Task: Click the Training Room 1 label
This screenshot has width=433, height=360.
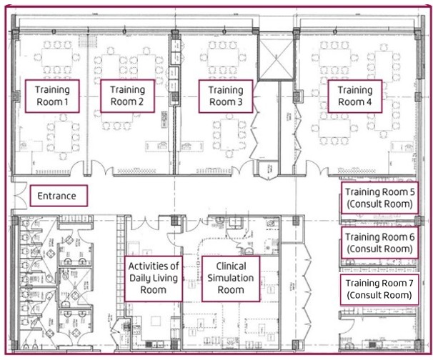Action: click(x=52, y=96)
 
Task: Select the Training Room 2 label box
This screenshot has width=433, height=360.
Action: click(x=127, y=96)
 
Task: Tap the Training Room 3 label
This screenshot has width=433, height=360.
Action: click(x=226, y=96)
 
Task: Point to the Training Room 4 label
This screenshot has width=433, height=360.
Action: click(x=355, y=96)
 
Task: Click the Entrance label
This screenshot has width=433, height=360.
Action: click(x=59, y=196)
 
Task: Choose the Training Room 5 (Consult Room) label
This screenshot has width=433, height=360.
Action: click(x=379, y=198)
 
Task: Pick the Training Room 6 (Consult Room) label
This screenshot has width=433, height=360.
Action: click(x=379, y=243)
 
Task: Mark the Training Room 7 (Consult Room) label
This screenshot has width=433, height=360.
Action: click(x=379, y=289)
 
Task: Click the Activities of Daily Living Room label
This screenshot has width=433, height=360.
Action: click(x=154, y=279)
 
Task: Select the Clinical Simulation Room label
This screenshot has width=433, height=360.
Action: click(x=231, y=279)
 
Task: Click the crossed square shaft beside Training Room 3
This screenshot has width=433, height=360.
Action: click(x=275, y=59)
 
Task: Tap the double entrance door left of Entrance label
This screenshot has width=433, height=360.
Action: click(x=20, y=194)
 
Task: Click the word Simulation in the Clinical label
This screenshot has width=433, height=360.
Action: click(x=231, y=278)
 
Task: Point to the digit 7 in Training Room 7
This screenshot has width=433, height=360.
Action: click(x=411, y=283)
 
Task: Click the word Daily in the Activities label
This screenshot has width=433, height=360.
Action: click(x=141, y=279)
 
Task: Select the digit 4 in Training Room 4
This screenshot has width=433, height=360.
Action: click(x=369, y=102)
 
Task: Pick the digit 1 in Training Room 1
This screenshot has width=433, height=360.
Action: click(x=66, y=102)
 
